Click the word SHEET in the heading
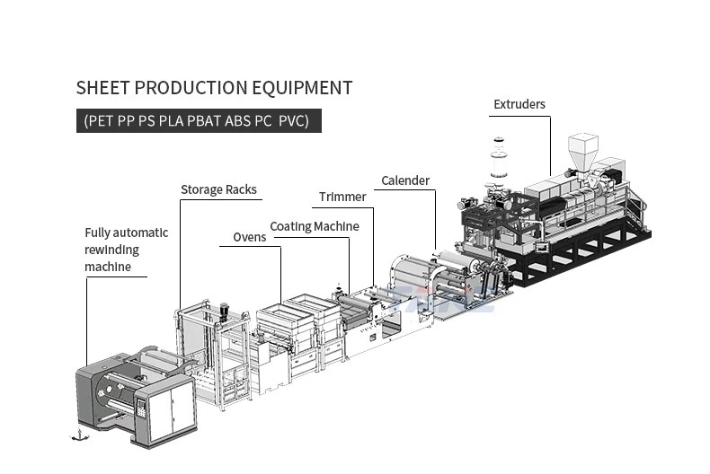101,88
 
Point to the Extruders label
519,104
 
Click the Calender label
405,180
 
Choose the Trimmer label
342,197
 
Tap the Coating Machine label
315,226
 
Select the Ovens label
250,237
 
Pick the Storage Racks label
218,189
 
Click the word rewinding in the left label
113,250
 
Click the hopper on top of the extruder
582,148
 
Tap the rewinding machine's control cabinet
170,408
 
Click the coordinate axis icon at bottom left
79,435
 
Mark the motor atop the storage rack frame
224,312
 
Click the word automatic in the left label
143,233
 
